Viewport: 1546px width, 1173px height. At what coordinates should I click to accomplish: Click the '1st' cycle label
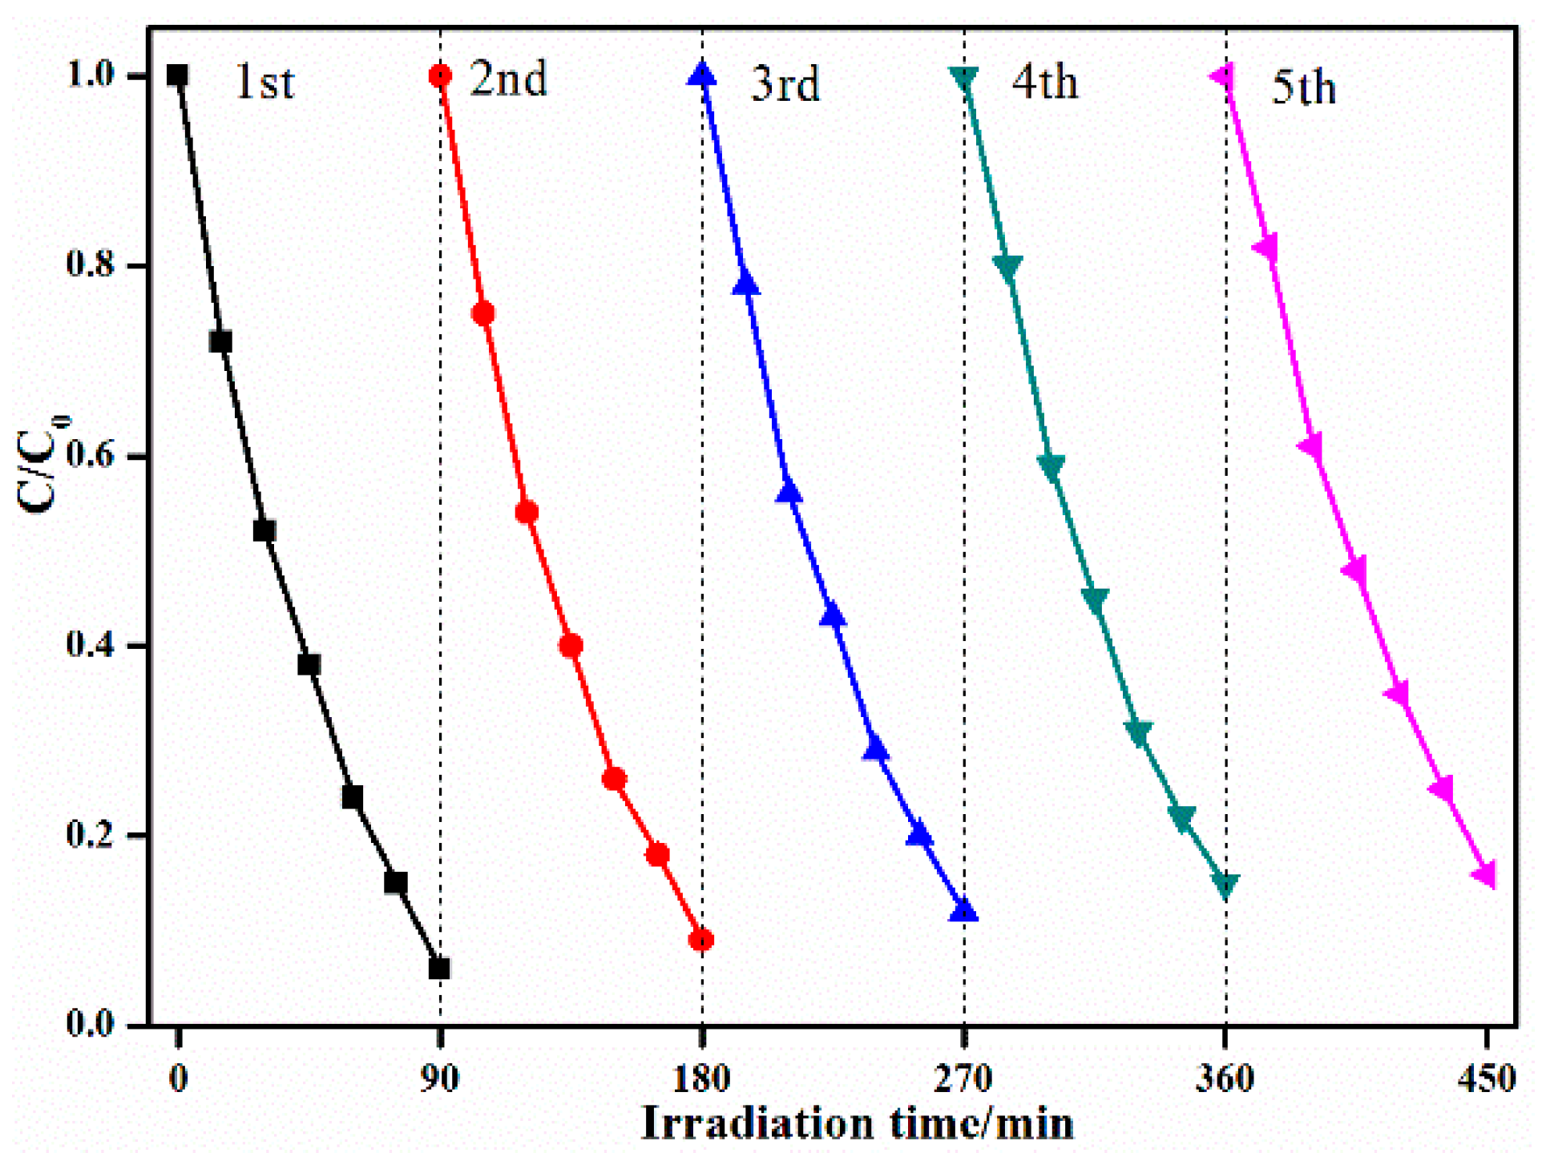264,82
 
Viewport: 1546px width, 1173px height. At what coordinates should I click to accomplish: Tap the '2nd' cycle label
508,79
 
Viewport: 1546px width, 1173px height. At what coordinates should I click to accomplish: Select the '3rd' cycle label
785,83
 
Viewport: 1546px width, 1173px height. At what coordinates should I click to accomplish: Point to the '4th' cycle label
1044,82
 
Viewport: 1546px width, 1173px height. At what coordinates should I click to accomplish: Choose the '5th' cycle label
1304,87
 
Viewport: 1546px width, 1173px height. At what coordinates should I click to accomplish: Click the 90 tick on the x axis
439,1078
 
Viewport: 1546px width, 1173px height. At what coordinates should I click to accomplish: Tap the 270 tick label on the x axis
963,1078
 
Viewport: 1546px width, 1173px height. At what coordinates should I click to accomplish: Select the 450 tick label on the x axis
1487,1078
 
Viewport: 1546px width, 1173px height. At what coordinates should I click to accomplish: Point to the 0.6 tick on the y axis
91,455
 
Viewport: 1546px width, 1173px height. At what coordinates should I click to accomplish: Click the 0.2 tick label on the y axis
91,835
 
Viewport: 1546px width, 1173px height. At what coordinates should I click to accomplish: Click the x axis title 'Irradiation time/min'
857,1123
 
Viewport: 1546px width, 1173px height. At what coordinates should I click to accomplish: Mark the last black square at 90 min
439,969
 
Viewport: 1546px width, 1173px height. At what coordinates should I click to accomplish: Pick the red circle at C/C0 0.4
571,645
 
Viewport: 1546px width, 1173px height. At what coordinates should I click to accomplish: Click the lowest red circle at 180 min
701,940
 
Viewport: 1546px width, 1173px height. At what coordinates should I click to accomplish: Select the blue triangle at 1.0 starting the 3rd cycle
703,75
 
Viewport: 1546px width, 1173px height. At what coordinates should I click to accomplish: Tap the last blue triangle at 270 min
963,912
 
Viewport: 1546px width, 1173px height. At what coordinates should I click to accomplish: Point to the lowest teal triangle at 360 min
1225,885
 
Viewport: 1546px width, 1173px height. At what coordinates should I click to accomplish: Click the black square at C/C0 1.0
177,75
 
